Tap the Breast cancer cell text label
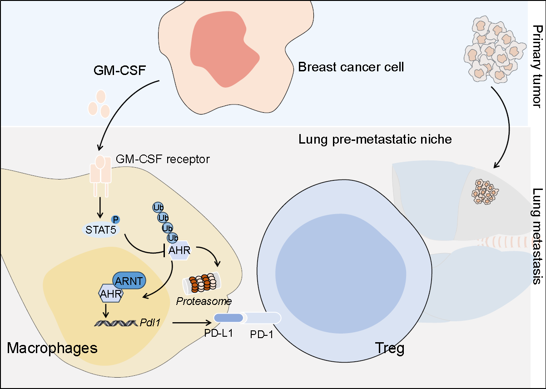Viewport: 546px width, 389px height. pos(351,68)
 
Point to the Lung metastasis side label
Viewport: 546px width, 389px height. pos(537,243)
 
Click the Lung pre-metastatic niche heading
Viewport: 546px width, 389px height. pos(375,139)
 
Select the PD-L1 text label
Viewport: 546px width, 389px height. pos(219,332)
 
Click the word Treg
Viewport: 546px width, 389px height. pos(389,349)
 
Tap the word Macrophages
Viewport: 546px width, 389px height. pos(52,349)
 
